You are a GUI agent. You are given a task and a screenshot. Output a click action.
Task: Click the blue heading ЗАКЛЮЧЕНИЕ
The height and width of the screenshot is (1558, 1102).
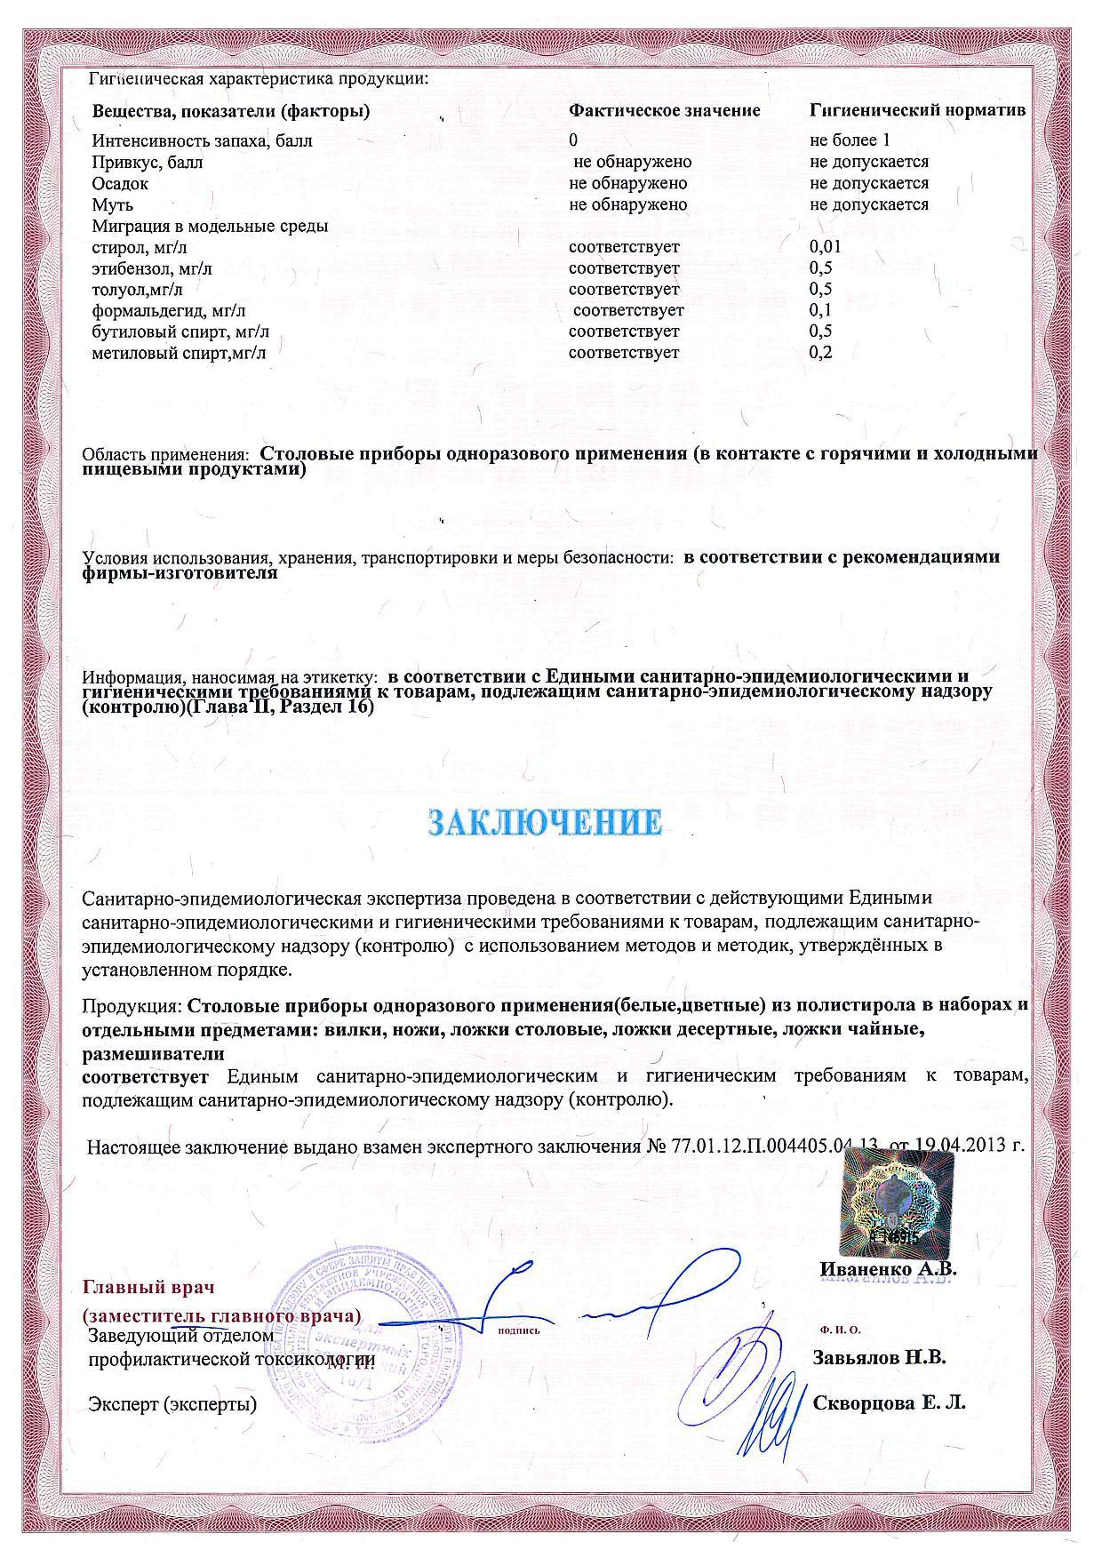coord(545,822)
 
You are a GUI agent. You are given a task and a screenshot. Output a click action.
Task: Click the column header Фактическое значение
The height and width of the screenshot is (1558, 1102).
coord(664,111)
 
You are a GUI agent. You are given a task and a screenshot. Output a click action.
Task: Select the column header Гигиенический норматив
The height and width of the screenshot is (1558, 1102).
coord(917,111)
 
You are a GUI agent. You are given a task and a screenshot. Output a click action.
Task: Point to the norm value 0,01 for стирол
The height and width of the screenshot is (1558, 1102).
coord(825,247)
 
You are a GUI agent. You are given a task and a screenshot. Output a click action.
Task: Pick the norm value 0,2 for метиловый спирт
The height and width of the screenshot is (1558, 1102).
coord(820,353)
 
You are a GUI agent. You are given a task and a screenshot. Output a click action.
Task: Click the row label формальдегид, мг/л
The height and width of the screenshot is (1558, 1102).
coord(169,310)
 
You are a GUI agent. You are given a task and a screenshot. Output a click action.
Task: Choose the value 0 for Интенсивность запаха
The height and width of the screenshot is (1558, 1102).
coord(573,140)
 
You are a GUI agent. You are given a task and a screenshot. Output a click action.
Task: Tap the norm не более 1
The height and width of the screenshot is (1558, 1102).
coord(850,140)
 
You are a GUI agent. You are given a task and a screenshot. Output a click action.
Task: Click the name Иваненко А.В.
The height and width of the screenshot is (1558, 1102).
coord(888,1270)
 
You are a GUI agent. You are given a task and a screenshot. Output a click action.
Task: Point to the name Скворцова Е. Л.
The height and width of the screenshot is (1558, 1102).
coord(889,1403)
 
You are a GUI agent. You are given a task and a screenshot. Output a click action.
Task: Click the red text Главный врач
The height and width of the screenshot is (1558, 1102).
coord(148,1287)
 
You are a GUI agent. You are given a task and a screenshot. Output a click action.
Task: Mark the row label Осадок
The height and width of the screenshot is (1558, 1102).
coord(120,184)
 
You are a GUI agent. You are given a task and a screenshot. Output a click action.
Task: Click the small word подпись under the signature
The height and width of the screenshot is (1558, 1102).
coord(519,1330)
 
